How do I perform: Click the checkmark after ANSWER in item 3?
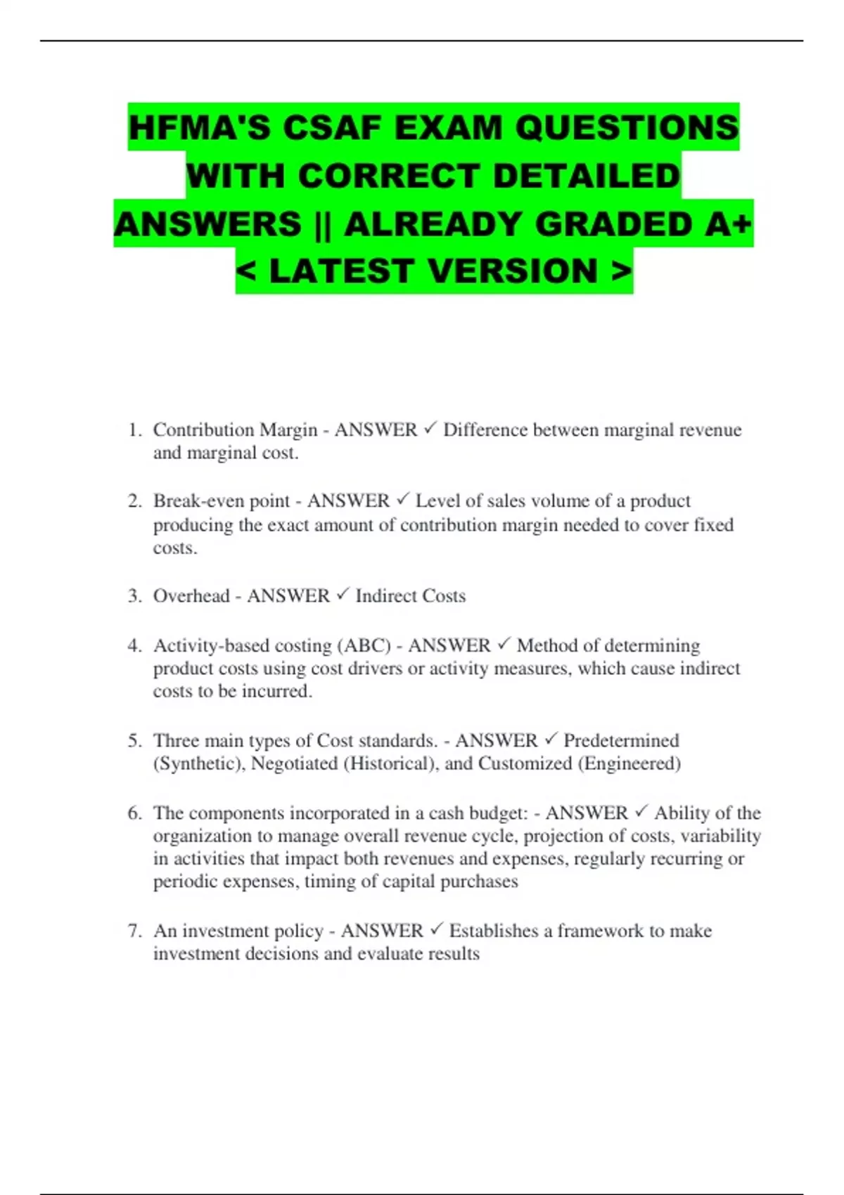343,595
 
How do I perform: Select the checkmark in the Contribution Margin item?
430,428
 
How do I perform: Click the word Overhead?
191,596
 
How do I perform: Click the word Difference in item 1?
485,429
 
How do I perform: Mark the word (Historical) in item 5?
388,763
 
